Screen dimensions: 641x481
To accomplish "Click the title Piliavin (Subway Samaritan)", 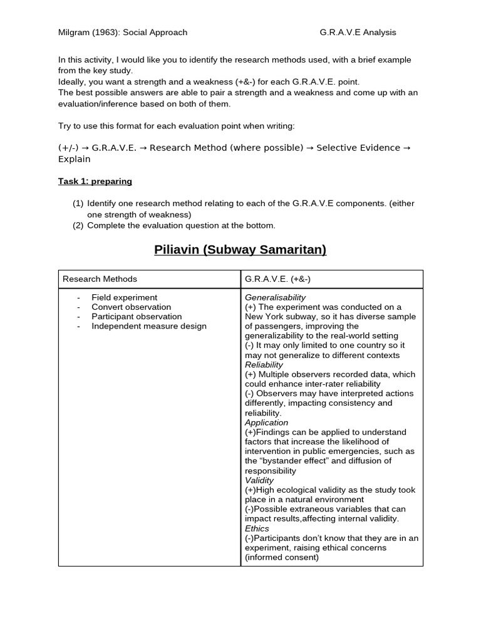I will (240, 249).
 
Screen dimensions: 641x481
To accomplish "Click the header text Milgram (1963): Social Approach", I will (123, 33).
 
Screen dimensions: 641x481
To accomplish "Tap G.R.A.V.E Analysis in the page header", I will (358, 33).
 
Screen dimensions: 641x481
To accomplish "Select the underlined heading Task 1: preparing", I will (95, 182).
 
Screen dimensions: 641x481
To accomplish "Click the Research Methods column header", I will (100, 279).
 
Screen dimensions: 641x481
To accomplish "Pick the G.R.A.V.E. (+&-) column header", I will (280, 279).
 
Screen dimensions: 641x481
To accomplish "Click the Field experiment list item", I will (124, 297).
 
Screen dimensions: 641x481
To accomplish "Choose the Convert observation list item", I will (131, 307).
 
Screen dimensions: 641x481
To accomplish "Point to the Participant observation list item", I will (137, 316).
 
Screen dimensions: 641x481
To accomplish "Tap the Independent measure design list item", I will (148, 326).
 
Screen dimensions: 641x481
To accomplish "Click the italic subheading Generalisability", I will (275, 297).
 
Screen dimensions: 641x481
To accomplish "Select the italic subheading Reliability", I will (264, 364).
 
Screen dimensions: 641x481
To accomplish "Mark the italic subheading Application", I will (266, 423).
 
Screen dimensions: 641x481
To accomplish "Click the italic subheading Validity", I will (259, 480).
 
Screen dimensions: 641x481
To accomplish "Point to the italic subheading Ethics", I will (257, 528).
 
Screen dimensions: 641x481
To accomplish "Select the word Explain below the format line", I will (75, 159).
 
